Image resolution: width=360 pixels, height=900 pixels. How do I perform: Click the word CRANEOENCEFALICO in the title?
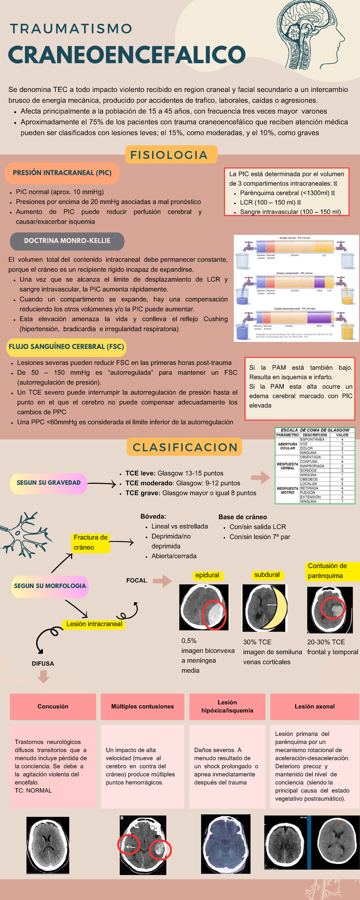pyautogui.click(x=127, y=55)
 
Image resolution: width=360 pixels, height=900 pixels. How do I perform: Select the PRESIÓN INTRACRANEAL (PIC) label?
pyautogui.click(x=62, y=173)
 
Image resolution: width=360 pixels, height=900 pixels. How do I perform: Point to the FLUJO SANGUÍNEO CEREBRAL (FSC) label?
pyautogui.click(x=66, y=347)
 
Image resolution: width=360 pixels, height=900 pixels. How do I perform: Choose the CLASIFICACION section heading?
pyautogui.click(x=184, y=447)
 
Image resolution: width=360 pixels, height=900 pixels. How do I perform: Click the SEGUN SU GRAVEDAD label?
pyautogui.click(x=49, y=483)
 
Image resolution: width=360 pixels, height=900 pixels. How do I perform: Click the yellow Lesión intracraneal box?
pyautogui.click(x=94, y=624)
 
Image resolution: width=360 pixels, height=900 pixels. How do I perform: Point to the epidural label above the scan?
pyautogui.click(x=207, y=575)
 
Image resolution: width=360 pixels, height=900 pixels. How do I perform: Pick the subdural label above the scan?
pyautogui.click(x=267, y=575)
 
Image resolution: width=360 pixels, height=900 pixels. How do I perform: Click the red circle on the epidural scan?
pyautogui.click(x=214, y=615)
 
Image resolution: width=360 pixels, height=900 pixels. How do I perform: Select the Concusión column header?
pyautogui.click(x=53, y=706)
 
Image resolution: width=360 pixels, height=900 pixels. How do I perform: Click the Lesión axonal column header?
pyautogui.click(x=315, y=706)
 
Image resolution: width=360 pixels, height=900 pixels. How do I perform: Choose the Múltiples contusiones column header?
pyautogui.click(x=142, y=706)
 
